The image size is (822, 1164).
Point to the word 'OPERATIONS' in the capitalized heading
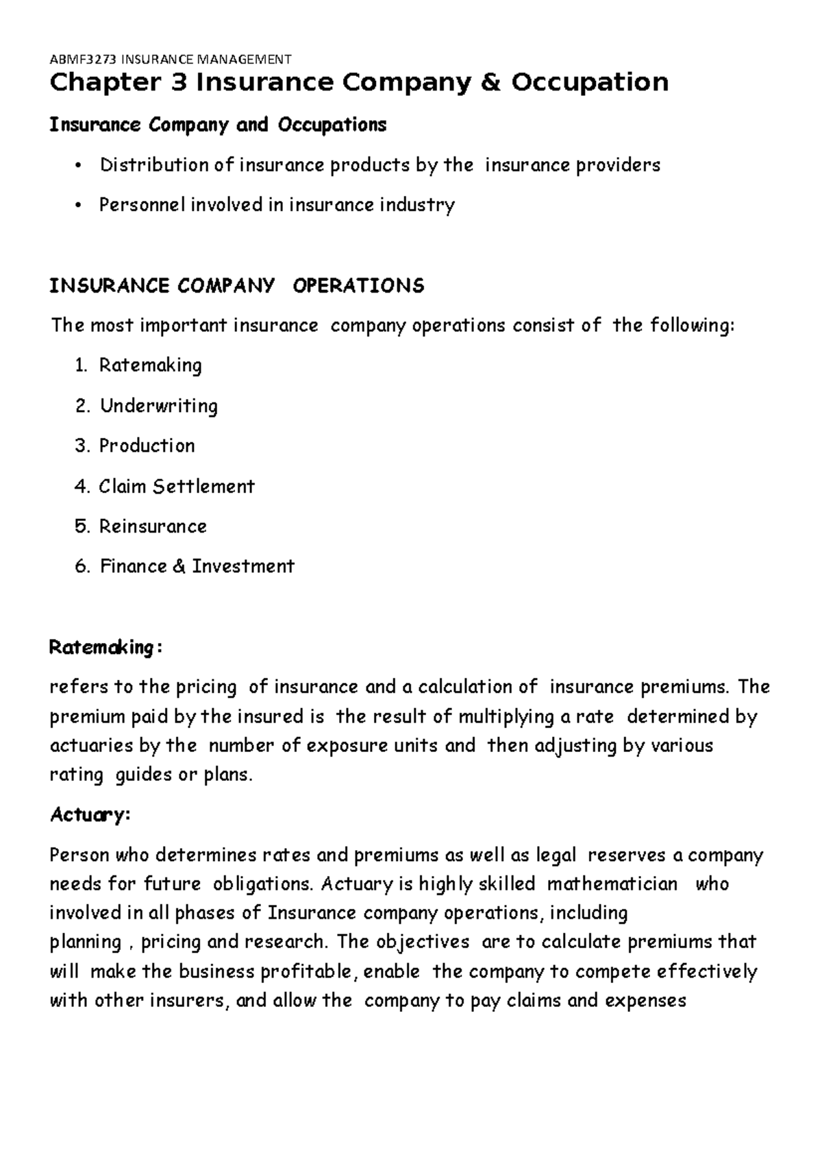point(358,285)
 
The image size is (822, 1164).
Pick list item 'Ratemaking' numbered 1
point(150,365)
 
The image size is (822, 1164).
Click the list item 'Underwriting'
point(158,406)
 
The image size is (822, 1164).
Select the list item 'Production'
point(147,446)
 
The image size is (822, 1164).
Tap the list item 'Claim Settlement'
point(176,486)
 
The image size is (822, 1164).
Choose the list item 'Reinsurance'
point(153,526)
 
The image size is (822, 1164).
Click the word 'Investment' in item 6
point(242,566)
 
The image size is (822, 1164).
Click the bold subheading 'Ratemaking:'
point(105,647)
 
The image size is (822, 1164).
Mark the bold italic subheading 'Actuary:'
point(89,815)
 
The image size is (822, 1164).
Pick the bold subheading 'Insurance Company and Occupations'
point(218,125)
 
